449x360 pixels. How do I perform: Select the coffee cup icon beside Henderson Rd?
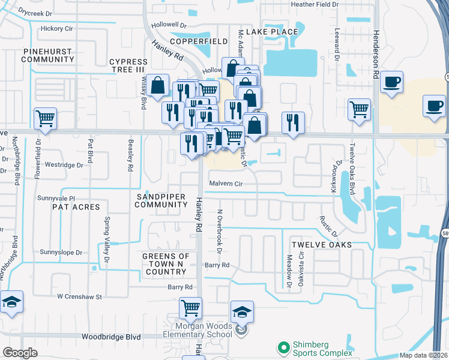coord(391,82)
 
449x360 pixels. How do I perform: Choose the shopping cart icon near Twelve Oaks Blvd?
coord(359,110)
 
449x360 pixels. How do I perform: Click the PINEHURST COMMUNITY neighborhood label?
coord(48,56)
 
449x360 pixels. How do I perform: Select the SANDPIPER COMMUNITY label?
coord(161,200)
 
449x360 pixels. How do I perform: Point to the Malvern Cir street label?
coord(226,183)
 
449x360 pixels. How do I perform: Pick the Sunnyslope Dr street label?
coord(61,253)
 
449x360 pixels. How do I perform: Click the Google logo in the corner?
coord(20,353)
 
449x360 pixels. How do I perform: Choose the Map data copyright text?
coord(423,355)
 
